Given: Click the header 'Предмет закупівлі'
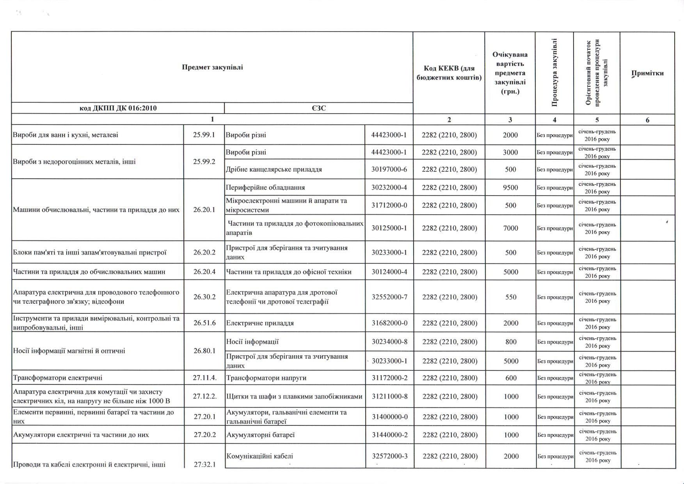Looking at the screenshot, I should coord(212,67).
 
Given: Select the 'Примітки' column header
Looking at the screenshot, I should coord(647,73).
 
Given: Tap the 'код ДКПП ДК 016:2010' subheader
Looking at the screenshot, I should coord(118,108).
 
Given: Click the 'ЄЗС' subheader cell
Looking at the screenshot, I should coord(319,108).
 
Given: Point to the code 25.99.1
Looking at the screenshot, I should coord(204,135).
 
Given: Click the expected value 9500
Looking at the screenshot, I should coord(510,188).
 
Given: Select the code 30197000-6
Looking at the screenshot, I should coord(389,169).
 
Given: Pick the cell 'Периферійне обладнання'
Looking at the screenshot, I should coord(265,188).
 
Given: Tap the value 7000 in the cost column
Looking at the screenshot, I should coord(510,228).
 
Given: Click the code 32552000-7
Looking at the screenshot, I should coord(389,297).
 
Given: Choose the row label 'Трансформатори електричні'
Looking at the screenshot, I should coord(58,378).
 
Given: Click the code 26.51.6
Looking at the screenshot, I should coord(204,323).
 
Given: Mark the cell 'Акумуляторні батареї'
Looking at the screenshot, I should coord(261,435).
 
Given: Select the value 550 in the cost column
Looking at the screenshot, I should coord(511,297).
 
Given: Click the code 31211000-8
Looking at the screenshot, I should coord(389,397).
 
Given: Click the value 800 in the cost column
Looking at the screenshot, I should coord(511,342).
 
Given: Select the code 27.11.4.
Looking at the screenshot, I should coord(204,378).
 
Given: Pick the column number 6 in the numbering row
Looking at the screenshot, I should coord(647,120).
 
